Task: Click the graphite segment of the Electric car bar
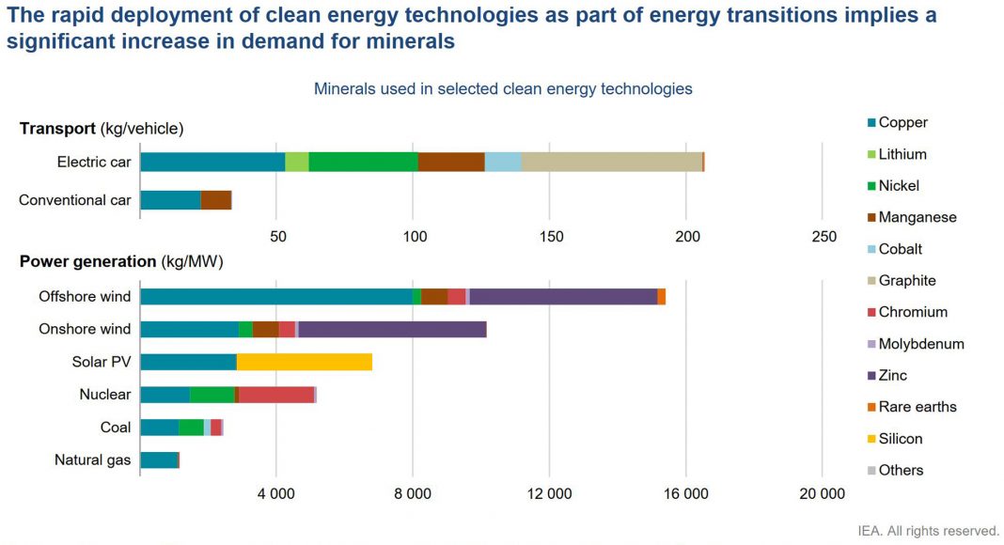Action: pos(611,162)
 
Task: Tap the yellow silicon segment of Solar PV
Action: pos(304,362)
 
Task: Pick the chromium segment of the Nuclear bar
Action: pos(276,395)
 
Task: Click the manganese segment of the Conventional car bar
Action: pos(215,200)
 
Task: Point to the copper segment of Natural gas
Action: pos(158,460)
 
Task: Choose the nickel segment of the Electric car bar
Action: pos(363,162)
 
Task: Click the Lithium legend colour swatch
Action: pos(870,155)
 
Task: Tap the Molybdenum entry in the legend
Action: pos(920,344)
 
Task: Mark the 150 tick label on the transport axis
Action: pos(550,237)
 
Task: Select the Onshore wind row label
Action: pos(85,329)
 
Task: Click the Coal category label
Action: pos(116,428)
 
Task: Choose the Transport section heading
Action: pos(102,129)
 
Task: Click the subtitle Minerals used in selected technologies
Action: pos(503,89)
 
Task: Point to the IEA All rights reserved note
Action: pos(929,532)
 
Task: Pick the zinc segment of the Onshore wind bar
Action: pos(392,329)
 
